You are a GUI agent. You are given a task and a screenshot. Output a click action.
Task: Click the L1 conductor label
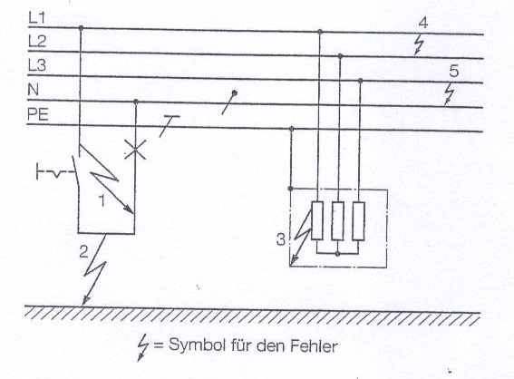tap(36, 18)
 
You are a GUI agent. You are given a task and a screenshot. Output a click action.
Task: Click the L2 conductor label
tap(37, 42)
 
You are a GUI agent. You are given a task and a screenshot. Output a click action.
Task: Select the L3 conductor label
tap(37, 65)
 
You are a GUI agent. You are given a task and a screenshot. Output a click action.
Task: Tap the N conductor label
tap(34, 90)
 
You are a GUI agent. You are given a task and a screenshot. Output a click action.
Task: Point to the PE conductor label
tap(38, 114)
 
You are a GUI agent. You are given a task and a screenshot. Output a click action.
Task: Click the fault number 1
tap(102, 200)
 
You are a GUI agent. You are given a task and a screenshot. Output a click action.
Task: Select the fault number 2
tap(84, 252)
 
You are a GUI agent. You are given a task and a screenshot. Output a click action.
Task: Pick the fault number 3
tap(281, 239)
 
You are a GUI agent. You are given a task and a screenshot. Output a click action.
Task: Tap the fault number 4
tap(423, 23)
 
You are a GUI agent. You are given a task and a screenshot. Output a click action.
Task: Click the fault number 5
tap(453, 71)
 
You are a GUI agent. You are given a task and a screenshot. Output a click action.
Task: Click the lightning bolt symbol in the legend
tap(142, 347)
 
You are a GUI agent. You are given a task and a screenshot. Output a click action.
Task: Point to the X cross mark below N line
tap(135, 151)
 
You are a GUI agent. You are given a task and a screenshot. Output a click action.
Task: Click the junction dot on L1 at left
tap(81, 28)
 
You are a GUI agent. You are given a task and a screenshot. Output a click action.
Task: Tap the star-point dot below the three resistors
tap(337, 254)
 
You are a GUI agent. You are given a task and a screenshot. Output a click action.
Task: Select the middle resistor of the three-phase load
tap(337, 220)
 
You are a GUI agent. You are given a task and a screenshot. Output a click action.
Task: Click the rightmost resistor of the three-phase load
tap(359, 220)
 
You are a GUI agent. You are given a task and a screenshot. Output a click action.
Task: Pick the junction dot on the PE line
tap(292, 128)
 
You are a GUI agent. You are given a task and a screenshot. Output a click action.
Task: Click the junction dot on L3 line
tap(360, 81)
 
